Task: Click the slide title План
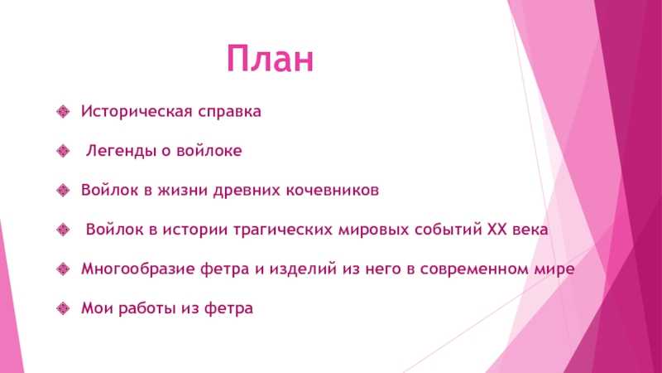point(271,58)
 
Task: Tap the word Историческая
point(137,112)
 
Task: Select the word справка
point(230,112)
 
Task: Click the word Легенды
point(122,151)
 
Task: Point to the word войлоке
point(209,151)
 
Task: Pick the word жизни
point(183,191)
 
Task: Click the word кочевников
point(333,191)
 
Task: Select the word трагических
point(283,230)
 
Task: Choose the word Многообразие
point(138,269)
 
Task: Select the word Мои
point(97,308)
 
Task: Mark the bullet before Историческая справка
point(63,112)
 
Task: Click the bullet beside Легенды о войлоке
point(63,151)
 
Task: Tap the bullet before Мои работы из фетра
point(63,308)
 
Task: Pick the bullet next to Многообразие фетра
point(63,269)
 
